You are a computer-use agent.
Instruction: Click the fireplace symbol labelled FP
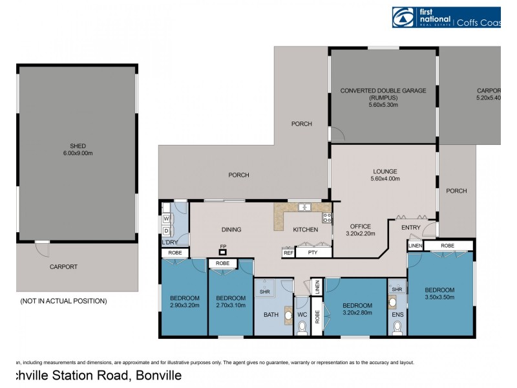click(x=223, y=252)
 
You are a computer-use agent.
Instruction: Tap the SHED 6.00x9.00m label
click(x=78, y=149)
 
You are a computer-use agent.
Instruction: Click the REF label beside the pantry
click(x=288, y=253)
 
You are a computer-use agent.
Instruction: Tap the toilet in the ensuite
click(x=396, y=328)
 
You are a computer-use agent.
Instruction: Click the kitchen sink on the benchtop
click(x=304, y=208)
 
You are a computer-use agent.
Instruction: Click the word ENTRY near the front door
click(x=410, y=228)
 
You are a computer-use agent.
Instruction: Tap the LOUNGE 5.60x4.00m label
click(x=385, y=175)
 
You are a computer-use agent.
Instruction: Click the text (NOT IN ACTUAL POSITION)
click(x=63, y=301)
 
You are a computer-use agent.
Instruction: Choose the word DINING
click(x=231, y=230)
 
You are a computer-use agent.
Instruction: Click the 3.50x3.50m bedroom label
click(x=439, y=294)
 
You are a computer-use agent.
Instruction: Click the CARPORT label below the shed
click(x=63, y=266)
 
